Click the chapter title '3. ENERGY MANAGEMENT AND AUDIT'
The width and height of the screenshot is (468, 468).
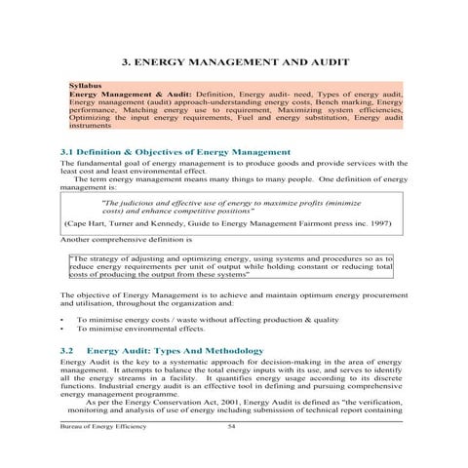tap(234, 60)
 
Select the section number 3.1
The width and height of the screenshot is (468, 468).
tap(69, 153)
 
